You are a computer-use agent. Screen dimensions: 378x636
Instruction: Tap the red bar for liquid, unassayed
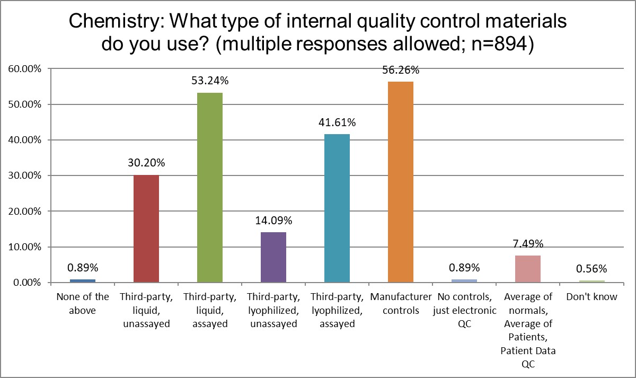[146, 228]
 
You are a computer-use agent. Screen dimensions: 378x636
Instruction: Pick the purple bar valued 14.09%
[273, 257]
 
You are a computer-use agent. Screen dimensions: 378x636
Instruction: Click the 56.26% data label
[401, 70]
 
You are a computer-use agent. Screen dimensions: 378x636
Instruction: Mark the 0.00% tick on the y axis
[25, 283]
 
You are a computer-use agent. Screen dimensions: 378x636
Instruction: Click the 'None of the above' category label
[83, 303]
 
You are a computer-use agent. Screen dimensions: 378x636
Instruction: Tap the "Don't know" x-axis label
[591, 297]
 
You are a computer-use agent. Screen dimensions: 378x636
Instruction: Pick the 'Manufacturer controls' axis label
[401, 303]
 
